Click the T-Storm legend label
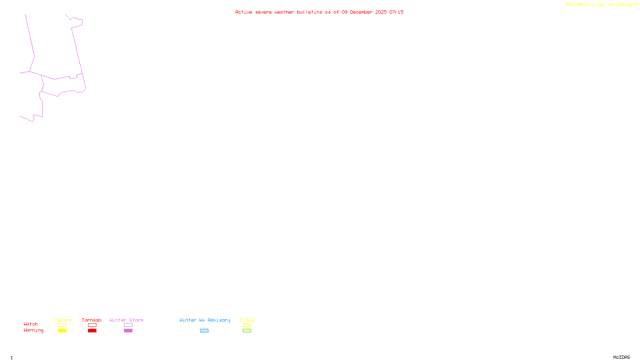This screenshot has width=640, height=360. tap(62, 320)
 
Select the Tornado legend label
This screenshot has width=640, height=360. tap(92, 320)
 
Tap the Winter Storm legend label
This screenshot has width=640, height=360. tap(126, 320)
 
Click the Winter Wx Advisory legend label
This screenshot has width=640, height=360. tap(205, 320)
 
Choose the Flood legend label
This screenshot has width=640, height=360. tap(247, 320)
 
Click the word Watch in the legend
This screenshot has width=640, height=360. tap(31, 324)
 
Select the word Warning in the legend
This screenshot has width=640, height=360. tap(33, 330)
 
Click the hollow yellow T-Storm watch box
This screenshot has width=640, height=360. tap(62, 325)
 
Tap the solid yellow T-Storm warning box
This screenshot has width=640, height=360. tap(62, 331)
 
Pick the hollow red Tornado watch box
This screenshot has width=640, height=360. tap(92, 325)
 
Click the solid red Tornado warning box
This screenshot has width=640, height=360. tap(92, 331)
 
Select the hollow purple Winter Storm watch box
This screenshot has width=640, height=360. tap(128, 325)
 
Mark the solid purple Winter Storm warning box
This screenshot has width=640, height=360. tap(128, 331)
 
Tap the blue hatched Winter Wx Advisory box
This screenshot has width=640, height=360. tap(204, 331)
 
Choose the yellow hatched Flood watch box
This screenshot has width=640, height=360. tap(247, 325)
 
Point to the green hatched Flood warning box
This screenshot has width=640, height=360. tap(247, 331)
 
